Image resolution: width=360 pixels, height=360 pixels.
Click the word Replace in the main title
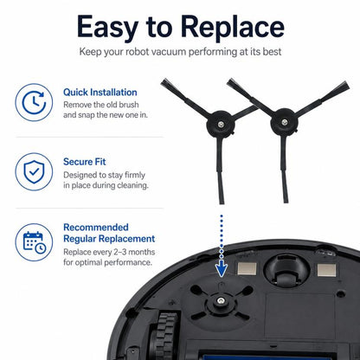233,27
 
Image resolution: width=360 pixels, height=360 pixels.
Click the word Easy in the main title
107,27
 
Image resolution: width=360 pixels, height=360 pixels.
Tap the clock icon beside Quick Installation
34,102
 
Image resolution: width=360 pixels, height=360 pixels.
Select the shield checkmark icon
34,172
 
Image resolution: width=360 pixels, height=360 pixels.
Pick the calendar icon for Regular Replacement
34,242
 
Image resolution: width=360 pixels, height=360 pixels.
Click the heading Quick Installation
100,93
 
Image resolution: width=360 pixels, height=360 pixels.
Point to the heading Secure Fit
85,162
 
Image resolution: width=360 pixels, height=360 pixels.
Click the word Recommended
96,228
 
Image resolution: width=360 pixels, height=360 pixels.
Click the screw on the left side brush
221,125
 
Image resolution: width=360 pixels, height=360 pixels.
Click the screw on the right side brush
285,122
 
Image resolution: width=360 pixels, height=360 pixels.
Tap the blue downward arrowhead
222,268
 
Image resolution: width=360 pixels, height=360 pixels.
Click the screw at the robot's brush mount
221,301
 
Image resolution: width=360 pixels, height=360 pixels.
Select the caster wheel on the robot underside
286,271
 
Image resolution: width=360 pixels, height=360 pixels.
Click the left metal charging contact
247,269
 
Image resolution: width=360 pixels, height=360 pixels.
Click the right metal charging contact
326,270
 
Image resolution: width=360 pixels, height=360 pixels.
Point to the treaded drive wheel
164,336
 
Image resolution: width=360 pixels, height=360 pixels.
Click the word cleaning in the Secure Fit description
132,185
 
